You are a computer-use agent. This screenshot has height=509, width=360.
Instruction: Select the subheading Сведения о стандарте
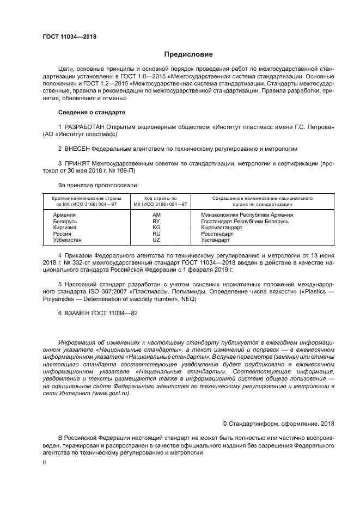(91, 112)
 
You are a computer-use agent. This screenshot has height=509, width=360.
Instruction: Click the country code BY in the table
(156, 222)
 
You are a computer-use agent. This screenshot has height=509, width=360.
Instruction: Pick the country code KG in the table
(156, 228)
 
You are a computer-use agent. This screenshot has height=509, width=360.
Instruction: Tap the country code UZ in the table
(156, 240)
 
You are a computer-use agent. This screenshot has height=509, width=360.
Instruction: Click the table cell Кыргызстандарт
(222, 228)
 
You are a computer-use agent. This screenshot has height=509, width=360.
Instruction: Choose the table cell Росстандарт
(217, 234)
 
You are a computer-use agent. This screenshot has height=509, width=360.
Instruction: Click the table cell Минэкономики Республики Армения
(247, 215)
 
